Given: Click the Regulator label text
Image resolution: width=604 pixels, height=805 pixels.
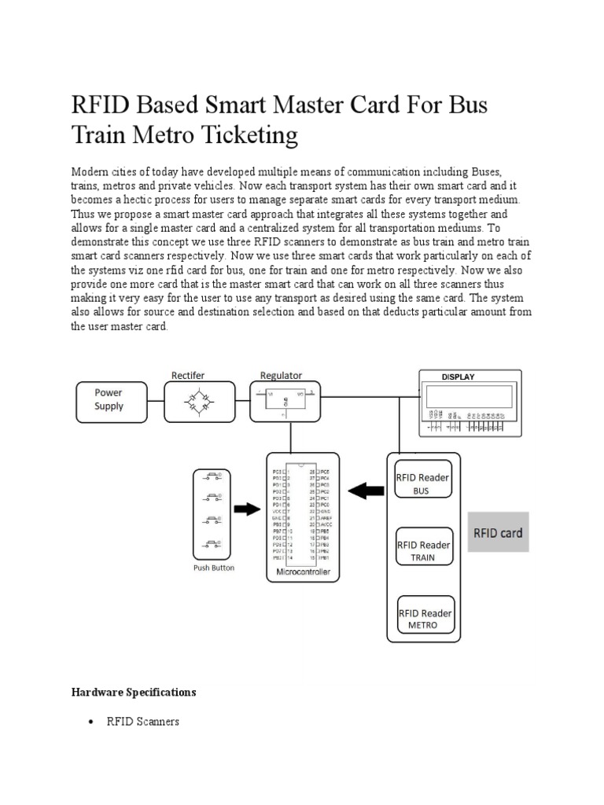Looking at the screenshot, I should (281, 376).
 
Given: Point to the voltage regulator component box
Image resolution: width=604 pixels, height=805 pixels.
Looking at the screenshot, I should (285, 400).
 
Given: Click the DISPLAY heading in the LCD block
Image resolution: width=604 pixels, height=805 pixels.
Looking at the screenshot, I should (458, 377).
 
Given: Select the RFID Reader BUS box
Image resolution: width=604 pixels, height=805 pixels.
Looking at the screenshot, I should (422, 483).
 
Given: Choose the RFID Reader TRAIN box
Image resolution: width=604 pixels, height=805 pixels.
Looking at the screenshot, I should (422, 550).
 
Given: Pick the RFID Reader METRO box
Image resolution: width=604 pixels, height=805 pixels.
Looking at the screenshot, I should (422, 618).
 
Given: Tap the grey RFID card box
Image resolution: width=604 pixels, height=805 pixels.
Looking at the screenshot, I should (497, 533).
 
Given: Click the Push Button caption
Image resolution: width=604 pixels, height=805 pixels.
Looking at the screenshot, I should (214, 568).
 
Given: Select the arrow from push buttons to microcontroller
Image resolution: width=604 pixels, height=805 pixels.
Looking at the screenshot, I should (247, 509).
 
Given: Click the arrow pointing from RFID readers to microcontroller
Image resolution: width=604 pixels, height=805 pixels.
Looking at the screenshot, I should (365, 491).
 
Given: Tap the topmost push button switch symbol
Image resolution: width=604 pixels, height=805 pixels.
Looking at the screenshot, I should (213, 476).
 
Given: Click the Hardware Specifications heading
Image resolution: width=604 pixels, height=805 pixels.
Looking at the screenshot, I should (133, 693).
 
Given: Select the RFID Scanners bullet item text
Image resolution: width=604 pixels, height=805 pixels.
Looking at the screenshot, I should (142, 722).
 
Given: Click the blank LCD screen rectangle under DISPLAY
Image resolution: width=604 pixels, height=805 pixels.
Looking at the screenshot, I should (467, 395).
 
